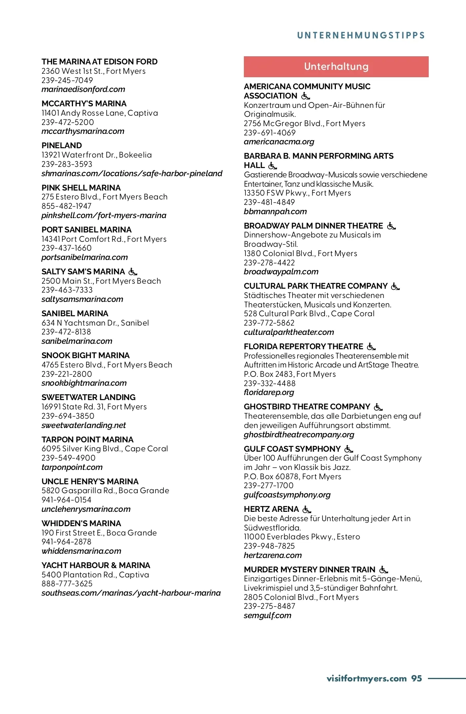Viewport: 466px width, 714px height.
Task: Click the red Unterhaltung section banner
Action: click(336, 67)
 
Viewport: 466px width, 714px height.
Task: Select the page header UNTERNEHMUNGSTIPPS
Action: click(361, 35)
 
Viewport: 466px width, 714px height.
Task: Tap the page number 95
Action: click(417, 678)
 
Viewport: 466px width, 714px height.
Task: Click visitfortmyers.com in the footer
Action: click(366, 678)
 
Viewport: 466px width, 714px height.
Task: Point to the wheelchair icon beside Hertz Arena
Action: click(307, 509)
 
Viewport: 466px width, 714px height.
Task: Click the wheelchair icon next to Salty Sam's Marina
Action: click(133, 272)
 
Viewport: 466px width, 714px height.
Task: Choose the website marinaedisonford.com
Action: click(83, 90)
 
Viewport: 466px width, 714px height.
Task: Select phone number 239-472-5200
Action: click(68, 122)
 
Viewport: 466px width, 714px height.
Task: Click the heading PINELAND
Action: click(62, 146)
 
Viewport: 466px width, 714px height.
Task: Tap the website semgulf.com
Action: click(267, 615)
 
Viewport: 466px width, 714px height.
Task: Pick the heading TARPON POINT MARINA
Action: click(87, 440)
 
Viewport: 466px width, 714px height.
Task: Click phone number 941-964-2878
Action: click(66, 542)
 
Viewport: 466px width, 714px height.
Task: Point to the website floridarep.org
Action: click(269, 392)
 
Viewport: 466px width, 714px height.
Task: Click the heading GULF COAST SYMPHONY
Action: click(292, 449)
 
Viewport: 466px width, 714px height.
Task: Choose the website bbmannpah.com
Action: click(275, 211)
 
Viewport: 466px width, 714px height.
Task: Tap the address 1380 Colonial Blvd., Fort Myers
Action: click(300, 253)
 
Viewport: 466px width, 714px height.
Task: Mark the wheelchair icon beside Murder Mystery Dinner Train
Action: click(384, 570)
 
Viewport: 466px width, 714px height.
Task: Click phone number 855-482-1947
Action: click(66, 206)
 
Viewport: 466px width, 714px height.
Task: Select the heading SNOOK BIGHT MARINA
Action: click(85, 355)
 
